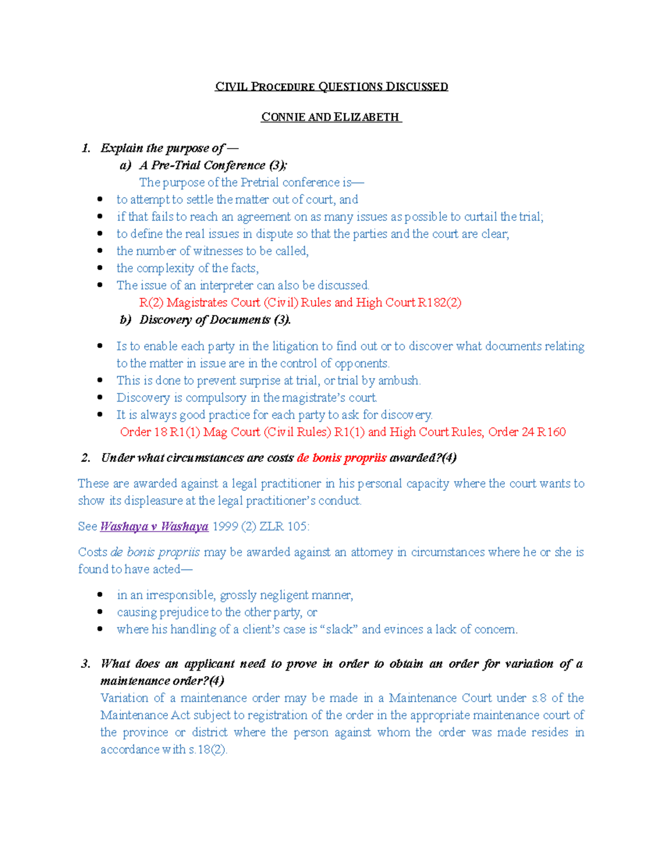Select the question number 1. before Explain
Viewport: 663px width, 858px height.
tap(86, 148)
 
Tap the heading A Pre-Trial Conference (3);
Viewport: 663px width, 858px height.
tap(213, 165)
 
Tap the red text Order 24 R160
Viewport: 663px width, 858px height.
tap(527, 432)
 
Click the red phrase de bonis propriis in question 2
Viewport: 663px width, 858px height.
tap(341, 458)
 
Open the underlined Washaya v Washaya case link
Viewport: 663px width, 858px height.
tap(154, 527)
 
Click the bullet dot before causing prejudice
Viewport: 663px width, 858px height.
tap(100, 612)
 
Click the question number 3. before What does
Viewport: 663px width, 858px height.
tap(86, 664)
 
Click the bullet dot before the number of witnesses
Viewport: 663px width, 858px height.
tap(100, 250)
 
